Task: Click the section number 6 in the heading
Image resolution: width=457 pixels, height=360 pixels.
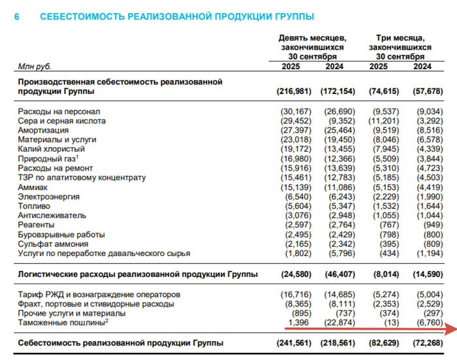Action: (x=17, y=16)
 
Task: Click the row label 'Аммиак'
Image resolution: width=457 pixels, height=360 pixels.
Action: (x=33, y=187)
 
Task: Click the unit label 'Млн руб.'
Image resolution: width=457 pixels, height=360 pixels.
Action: (x=35, y=67)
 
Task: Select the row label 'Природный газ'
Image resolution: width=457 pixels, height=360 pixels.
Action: (x=47, y=158)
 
